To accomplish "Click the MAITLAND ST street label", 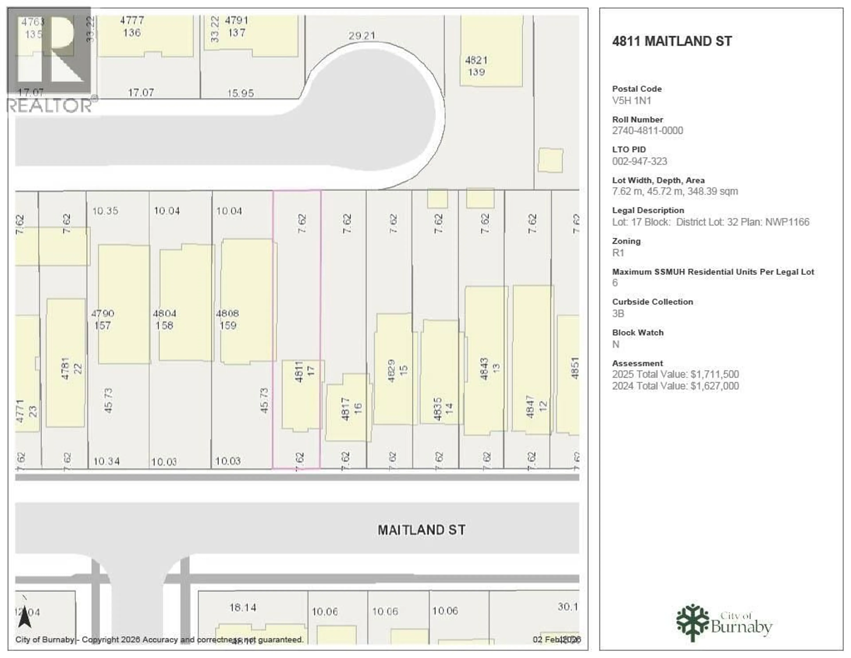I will point(421,530).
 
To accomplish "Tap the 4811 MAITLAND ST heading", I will point(672,41).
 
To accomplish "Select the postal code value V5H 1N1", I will point(631,101).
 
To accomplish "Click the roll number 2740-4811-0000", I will point(647,131).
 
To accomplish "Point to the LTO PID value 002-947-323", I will point(639,161).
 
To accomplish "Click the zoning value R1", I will point(618,253).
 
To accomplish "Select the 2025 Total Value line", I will point(675,374).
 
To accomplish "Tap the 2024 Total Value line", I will point(675,386).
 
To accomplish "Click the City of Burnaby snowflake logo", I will point(692,623).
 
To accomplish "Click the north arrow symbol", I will point(25,616).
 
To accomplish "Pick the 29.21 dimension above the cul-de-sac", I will point(362,36).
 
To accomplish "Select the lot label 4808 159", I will point(228,319).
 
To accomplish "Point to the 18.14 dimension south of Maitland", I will point(243,607).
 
